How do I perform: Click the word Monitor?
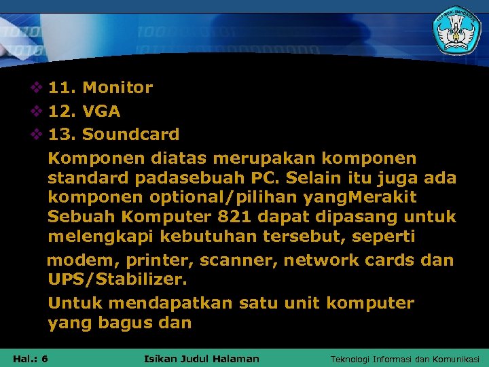(x=117, y=88)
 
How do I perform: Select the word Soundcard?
(x=131, y=135)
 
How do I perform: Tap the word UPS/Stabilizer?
(x=117, y=279)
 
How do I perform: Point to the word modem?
(x=73, y=261)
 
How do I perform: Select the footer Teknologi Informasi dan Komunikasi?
(x=405, y=359)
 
